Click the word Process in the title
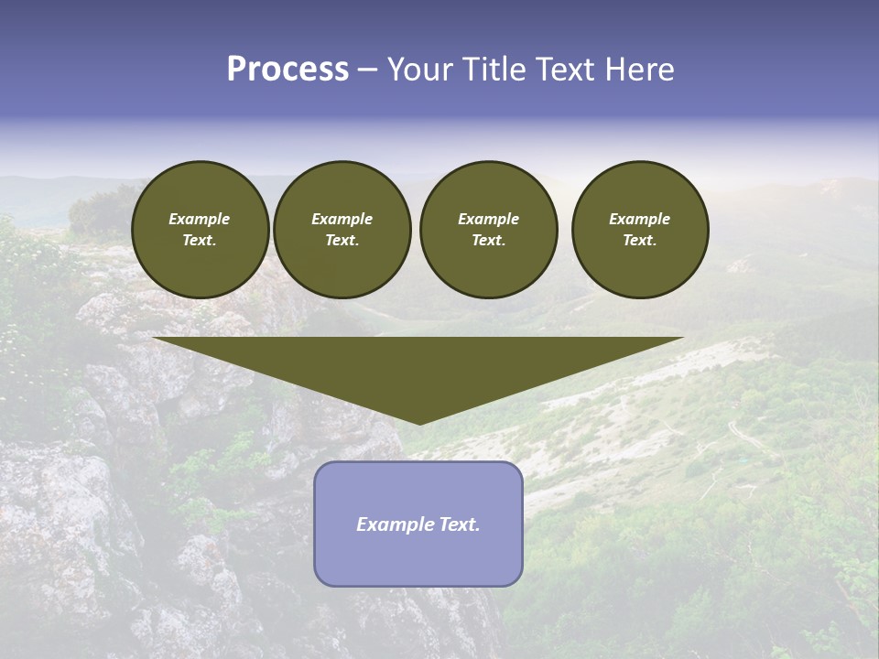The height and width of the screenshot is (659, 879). pos(288,70)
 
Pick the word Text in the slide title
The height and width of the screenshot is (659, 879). pos(567,70)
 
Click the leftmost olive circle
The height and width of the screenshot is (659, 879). pos(200,230)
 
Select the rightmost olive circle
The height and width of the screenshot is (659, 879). pos(640,230)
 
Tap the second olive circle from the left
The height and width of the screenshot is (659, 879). pos(342,230)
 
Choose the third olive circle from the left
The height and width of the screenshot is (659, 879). pos(488,230)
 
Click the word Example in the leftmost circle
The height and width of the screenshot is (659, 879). pos(200,219)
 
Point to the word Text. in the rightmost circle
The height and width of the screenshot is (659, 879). pos(640,241)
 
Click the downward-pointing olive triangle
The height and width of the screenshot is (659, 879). pos(418,366)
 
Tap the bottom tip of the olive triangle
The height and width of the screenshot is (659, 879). pos(419,423)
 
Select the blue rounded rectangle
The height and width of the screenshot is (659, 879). pos(418,558)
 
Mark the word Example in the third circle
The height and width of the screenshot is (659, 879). pos(488,219)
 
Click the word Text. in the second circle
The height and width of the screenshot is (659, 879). pos(342,241)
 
